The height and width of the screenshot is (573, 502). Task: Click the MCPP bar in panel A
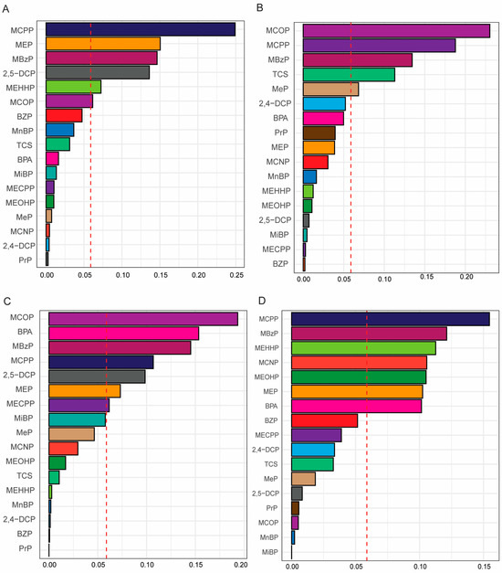coord(140,29)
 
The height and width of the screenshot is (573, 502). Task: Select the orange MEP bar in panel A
coord(102,44)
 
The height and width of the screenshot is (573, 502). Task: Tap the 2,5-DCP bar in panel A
coord(97,72)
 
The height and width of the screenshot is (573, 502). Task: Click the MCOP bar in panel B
coord(396,31)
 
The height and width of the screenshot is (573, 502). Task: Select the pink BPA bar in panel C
coord(123,334)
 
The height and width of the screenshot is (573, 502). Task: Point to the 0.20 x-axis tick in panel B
coord(466,279)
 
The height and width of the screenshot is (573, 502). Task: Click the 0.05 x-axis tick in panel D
coord(356,567)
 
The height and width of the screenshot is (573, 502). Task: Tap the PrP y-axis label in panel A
coord(29,260)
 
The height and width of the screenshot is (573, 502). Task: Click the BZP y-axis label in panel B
coord(283,263)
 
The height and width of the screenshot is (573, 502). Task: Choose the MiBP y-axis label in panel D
coord(270,552)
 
